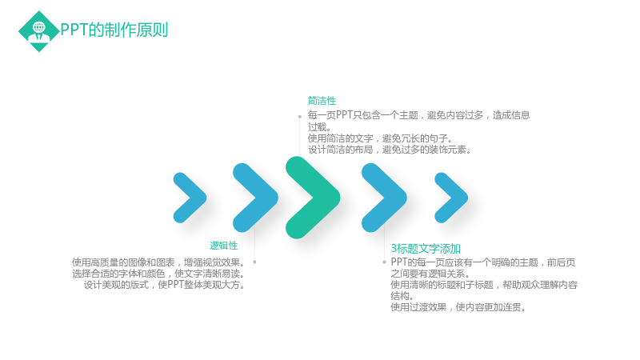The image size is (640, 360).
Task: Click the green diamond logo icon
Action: tap(38, 31)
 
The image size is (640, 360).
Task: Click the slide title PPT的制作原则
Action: tap(114, 30)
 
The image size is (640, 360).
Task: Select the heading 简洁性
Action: tap(322, 101)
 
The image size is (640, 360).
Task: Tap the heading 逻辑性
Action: tap(224, 246)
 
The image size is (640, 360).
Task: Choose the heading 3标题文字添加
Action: tap(426, 249)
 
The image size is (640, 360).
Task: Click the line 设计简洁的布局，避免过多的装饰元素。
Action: tap(390, 150)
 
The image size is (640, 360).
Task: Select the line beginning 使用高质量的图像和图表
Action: tap(158, 262)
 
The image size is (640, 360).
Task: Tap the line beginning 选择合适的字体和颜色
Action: tap(158, 274)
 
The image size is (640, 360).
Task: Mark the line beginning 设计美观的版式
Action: tap(165, 285)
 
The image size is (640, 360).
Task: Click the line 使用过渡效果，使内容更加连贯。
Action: tap(458, 307)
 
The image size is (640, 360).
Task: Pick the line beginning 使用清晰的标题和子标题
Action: tap(484, 285)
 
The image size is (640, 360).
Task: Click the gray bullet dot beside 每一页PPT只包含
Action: tap(299, 117)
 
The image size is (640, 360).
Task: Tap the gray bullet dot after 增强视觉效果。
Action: tap(254, 262)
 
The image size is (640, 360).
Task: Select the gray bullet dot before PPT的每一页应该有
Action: tap(384, 262)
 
